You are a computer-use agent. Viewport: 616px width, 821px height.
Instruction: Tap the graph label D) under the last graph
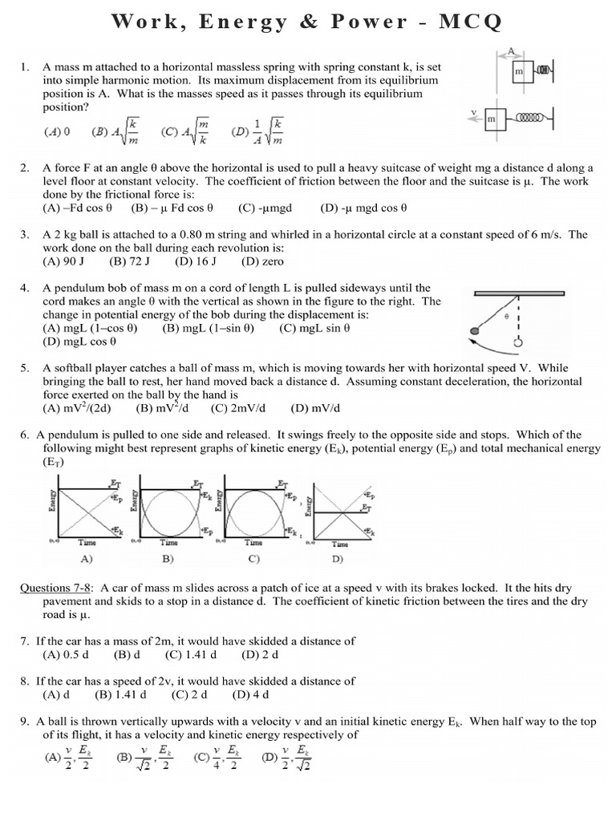(338, 558)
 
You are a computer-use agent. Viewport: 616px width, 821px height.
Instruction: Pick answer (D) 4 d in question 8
(250, 694)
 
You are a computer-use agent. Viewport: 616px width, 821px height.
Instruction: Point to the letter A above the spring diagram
(510, 51)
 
